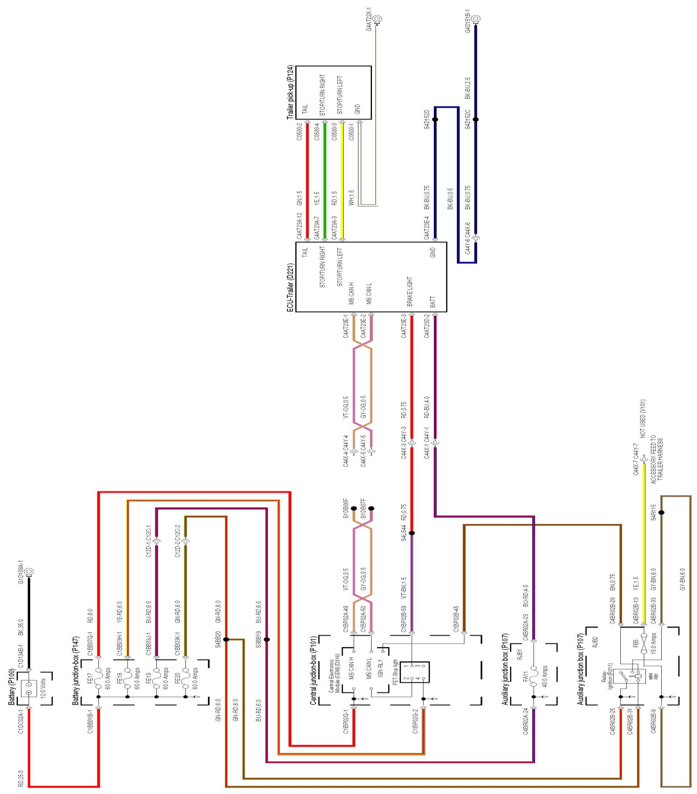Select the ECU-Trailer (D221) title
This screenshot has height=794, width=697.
tap(291, 287)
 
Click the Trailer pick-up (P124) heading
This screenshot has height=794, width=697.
tap(291, 92)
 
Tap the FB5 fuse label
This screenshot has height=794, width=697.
tap(636, 643)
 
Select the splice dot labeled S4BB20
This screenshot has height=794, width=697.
tap(226, 639)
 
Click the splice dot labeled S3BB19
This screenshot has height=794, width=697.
tap(267, 639)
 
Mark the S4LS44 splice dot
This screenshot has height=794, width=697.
tap(412, 533)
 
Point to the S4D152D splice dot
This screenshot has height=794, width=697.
tap(435, 119)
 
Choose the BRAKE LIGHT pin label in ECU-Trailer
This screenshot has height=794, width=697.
tap(409, 291)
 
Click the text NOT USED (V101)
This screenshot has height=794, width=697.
tap(643, 418)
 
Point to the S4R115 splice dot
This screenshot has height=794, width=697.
tap(661, 512)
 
